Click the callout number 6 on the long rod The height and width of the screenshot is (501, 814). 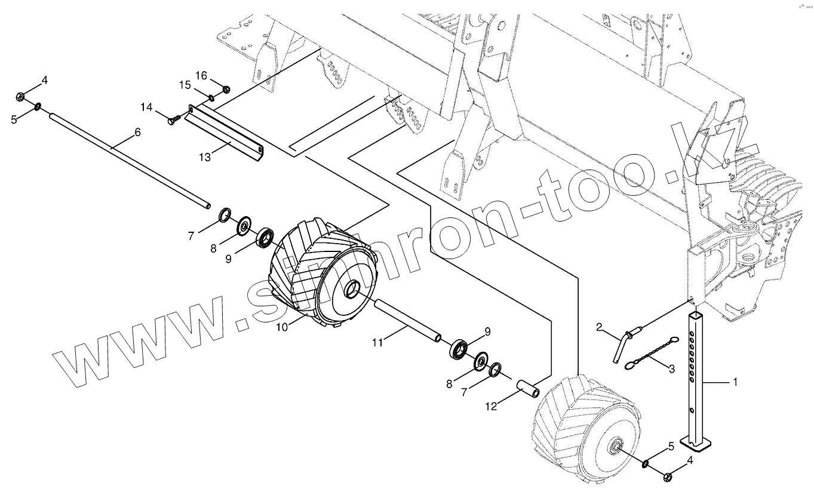point(137,133)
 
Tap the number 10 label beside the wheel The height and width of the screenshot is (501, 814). point(282,327)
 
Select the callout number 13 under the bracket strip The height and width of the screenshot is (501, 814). point(205,156)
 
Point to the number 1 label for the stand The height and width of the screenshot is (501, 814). point(735,382)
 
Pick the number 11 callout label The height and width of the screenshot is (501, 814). point(376,342)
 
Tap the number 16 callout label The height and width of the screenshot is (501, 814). point(201,75)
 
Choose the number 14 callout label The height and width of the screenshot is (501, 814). point(147,107)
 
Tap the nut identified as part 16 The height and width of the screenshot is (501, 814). point(226,90)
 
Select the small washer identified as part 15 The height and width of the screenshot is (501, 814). point(212,97)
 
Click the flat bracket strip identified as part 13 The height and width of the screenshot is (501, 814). point(224,130)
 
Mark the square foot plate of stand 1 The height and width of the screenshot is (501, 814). point(698,444)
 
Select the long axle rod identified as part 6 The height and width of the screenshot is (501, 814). point(128,158)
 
